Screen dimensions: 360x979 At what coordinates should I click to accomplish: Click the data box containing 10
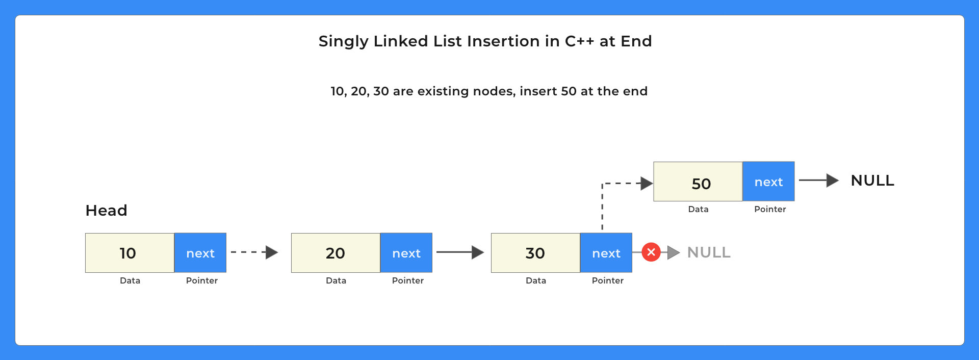[x=130, y=253]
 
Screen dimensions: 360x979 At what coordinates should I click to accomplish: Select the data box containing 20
[x=336, y=253]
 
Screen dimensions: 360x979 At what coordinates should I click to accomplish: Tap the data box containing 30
[x=535, y=253]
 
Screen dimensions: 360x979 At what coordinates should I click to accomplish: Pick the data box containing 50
[x=698, y=182]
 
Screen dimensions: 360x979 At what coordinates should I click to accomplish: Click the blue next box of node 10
[x=200, y=253]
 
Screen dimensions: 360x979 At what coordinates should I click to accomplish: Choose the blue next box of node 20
[x=406, y=253]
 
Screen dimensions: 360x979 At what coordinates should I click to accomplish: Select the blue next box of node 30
[x=606, y=253]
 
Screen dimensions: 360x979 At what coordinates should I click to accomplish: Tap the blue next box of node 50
[x=768, y=182]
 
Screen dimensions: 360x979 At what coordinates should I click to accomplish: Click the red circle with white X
[x=651, y=252]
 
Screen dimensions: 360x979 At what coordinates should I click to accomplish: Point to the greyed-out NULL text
[x=709, y=252]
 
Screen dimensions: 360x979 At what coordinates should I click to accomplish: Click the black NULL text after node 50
[x=872, y=181]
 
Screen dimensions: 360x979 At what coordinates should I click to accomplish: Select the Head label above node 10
[x=106, y=210]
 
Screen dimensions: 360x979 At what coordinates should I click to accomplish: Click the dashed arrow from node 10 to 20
[x=254, y=252]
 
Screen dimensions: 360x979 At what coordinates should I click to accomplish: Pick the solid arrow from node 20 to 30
[x=459, y=252]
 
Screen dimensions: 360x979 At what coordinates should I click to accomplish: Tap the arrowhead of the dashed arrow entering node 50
[x=647, y=183]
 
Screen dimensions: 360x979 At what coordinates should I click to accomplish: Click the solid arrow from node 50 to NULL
[x=818, y=180]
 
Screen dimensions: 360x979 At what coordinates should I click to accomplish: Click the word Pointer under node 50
[x=770, y=209]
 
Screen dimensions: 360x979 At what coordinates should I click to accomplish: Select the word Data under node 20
[x=336, y=280]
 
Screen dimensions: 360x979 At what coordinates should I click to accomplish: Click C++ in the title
[x=579, y=41]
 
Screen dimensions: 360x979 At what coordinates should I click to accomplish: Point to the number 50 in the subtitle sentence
[x=569, y=91]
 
